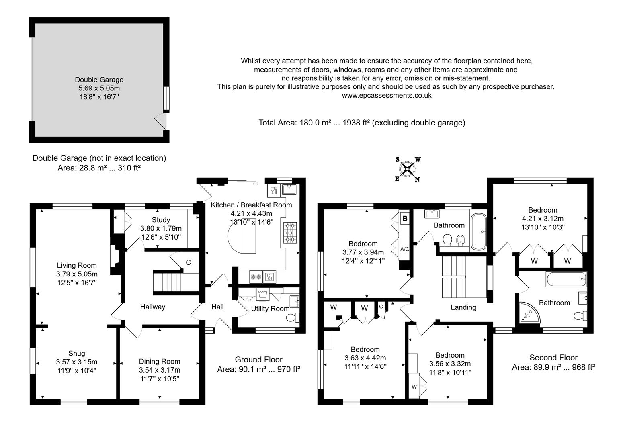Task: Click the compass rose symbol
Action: [408, 169]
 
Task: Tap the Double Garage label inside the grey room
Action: [99, 80]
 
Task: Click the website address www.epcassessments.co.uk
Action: [386, 96]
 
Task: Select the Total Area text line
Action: [362, 123]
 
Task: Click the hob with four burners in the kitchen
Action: [290, 233]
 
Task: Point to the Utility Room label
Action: [270, 309]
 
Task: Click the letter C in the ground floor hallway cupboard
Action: [188, 263]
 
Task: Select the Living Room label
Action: [77, 265]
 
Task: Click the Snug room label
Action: [76, 354]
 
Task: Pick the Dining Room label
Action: [160, 362]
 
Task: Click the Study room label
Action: [161, 220]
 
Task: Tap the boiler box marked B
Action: [405, 219]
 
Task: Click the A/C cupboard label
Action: [405, 249]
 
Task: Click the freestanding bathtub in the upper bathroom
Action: [478, 231]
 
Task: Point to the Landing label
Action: [463, 307]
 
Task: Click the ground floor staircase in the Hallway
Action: [176, 283]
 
